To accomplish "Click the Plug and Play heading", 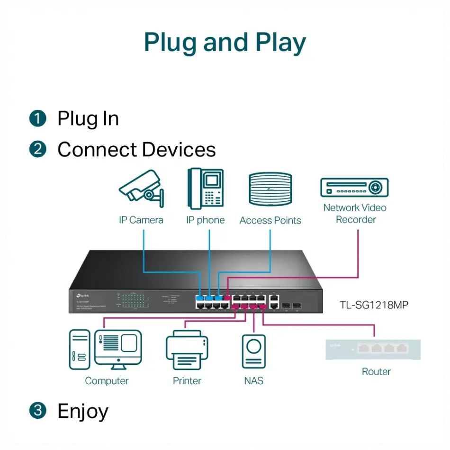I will tap(225, 42).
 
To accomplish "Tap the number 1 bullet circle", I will tap(38, 118).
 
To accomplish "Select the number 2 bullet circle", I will tap(38, 149).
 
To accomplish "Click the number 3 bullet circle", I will tap(38, 410).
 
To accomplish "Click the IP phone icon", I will tap(206, 188).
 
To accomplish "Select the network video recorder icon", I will tap(354, 187).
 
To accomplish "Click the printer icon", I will tap(187, 351).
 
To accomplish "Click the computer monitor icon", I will tap(118, 349).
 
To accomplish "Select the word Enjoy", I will tap(83, 411).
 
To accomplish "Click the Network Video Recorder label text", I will tap(355, 214).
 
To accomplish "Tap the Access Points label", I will tap(270, 220).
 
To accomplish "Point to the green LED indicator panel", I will tap(133, 303).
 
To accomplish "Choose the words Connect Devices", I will tap(136, 150).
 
